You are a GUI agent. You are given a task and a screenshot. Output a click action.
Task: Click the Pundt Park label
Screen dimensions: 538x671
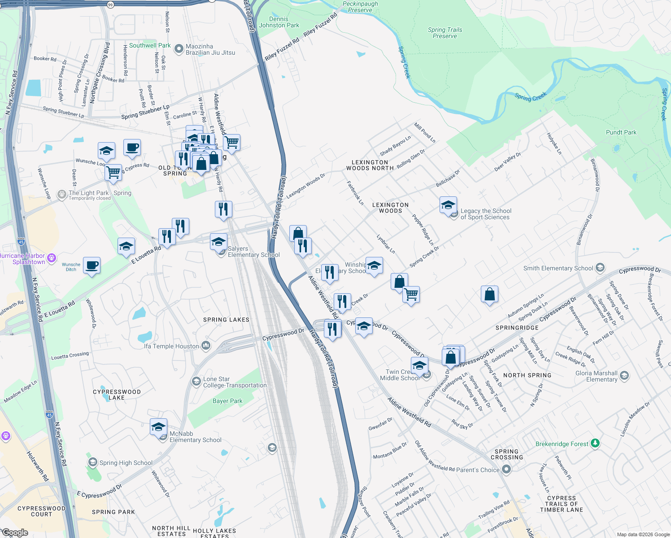pyautogui.click(x=621, y=132)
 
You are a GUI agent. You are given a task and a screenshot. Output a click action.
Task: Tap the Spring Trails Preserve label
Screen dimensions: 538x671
pyautogui.click(x=444, y=33)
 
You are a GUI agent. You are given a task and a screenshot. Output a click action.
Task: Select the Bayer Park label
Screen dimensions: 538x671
pyautogui.click(x=227, y=401)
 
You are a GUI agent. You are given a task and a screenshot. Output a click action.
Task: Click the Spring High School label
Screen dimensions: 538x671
pyautogui.click(x=126, y=463)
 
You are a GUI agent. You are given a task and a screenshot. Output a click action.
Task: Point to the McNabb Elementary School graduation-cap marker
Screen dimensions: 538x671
pyautogui.click(x=158, y=427)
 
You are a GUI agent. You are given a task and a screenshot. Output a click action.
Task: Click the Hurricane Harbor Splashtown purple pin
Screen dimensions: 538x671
pyautogui.click(x=52, y=258)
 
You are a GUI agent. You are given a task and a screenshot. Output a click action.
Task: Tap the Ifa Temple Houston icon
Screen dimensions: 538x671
pyautogui.click(x=206, y=345)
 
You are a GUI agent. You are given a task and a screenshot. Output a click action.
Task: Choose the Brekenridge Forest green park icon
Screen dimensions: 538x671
pyautogui.click(x=595, y=443)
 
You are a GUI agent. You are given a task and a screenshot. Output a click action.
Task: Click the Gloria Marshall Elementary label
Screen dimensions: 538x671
pyautogui.click(x=596, y=376)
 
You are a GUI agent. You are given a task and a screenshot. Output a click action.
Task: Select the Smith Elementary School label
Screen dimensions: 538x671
pyautogui.click(x=558, y=268)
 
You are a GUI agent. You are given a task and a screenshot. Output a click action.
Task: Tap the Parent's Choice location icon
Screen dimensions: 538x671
pyautogui.click(x=506, y=469)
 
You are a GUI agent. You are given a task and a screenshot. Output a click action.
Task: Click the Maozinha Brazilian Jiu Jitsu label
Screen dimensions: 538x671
pyautogui.click(x=210, y=49)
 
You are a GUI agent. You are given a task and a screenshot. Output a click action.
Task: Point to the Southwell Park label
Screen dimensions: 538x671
pyautogui.click(x=150, y=45)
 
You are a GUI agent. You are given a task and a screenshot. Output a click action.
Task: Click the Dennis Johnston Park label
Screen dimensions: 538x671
pyautogui.click(x=279, y=22)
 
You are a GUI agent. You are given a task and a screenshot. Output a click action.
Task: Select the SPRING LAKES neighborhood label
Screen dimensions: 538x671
pyautogui.click(x=226, y=320)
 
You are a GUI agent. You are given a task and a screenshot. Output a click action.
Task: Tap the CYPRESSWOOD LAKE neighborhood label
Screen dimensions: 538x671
pyautogui.click(x=117, y=395)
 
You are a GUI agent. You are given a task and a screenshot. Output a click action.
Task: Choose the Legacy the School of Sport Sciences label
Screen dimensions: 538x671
pyautogui.click(x=486, y=214)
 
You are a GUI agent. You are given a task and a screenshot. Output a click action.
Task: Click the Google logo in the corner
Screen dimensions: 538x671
pyautogui.click(x=15, y=532)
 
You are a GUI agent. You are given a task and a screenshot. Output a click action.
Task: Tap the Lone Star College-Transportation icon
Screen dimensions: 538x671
pyautogui.click(x=196, y=381)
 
